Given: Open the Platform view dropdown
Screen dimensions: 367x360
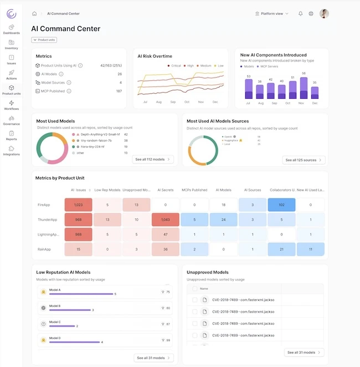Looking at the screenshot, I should pyautogui.click(x=271, y=13).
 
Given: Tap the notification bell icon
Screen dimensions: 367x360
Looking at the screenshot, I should pyautogui.click(x=301, y=13).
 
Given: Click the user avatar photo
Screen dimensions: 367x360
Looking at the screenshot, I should pyautogui.click(x=325, y=13).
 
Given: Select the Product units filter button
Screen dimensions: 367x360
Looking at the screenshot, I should pyautogui.click(x=44, y=40).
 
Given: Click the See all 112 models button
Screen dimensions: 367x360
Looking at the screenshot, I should pyautogui.click(x=153, y=160).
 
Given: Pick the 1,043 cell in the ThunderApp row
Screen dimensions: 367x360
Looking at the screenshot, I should pyautogui.click(x=165, y=219).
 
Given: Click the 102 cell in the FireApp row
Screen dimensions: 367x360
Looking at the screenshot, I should pyautogui.click(x=281, y=205).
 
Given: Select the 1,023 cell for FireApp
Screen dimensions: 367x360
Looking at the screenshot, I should pyautogui.click(x=78, y=205).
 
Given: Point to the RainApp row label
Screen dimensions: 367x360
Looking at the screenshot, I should pyautogui.click(x=44, y=249).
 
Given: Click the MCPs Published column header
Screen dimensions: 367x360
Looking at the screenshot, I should pyautogui.click(x=194, y=190).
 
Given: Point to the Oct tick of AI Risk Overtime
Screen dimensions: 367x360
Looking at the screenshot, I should pyautogui.click(x=187, y=102).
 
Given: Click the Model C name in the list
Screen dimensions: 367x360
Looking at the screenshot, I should pyautogui.click(x=55, y=322).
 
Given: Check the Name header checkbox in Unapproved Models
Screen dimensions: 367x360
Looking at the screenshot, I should pyautogui.click(x=194, y=289).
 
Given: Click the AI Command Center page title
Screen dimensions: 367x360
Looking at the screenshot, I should pyautogui.click(x=66, y=28).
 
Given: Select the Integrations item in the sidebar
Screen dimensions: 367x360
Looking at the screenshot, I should pyautogui.click(x=11, y=151).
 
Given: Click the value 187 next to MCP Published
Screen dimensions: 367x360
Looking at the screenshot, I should pyautogui.click(x=119, y=91).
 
